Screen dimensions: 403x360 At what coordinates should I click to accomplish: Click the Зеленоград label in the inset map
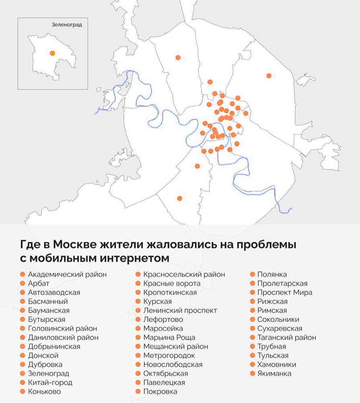(x=67, y=25)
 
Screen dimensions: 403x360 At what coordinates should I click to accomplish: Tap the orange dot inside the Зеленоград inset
(x=52, y=53)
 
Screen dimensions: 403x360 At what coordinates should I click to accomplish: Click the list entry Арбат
(x=39, y=283)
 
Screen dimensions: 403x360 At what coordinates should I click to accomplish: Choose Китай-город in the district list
(x=50, y=382)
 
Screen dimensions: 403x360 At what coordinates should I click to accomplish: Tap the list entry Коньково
(x=44, y=391)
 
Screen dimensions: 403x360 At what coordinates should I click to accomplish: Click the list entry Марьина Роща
(x=169, y=337)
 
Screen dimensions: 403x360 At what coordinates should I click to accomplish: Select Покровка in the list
(x=160, y=391)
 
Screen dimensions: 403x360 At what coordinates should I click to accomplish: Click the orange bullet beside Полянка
(x=252, y=274)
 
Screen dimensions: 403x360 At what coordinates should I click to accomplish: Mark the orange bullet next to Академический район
(x=23, y=274)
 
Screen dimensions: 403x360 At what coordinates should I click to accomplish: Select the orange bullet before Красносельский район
(x=138, y=274)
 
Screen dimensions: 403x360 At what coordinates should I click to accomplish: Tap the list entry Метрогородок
(x=169, y=355)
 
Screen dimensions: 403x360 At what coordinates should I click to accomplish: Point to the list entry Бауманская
(x=49, y=310)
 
